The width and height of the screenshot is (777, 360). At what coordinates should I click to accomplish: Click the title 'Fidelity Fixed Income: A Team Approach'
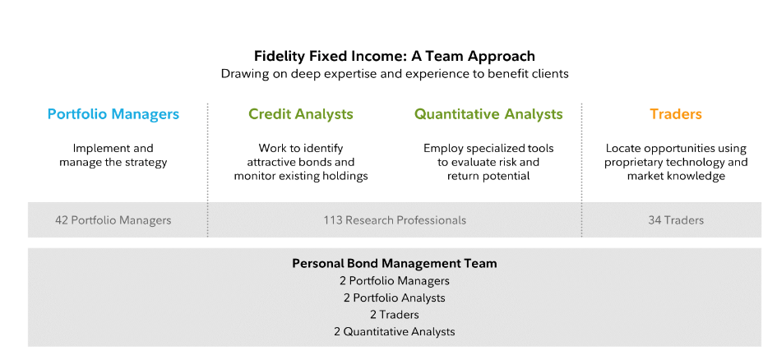point(395,56)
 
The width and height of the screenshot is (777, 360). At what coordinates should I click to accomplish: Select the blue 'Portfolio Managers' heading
point(113,114)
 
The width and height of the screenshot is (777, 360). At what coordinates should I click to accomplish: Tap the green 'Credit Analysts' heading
point(301,114)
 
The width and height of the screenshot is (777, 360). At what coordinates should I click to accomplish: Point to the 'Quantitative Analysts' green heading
point(488,114)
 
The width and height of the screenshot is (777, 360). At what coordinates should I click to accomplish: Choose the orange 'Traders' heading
point(676,114)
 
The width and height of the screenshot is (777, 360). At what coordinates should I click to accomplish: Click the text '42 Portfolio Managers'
point(113,220)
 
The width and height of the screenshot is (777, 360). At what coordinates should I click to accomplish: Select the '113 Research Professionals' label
point(395,220)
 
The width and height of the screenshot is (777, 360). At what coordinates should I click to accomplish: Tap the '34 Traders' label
point(676,220)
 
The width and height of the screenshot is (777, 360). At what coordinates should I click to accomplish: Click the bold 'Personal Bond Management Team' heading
point(395,264)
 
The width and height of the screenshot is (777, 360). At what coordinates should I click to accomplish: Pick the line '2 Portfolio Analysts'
point(395,298)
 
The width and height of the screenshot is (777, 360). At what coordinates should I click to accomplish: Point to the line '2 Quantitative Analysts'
point(395,332)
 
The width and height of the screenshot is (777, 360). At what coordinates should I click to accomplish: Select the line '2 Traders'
point(395,315)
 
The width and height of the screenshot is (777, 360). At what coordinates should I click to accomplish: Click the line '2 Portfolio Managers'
point(395,281)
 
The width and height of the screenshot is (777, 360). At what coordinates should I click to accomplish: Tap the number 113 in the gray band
point(333,220)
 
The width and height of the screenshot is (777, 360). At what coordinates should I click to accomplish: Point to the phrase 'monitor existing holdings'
point(301,176)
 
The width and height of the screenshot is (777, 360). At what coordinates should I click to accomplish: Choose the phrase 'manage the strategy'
point(113,163)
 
